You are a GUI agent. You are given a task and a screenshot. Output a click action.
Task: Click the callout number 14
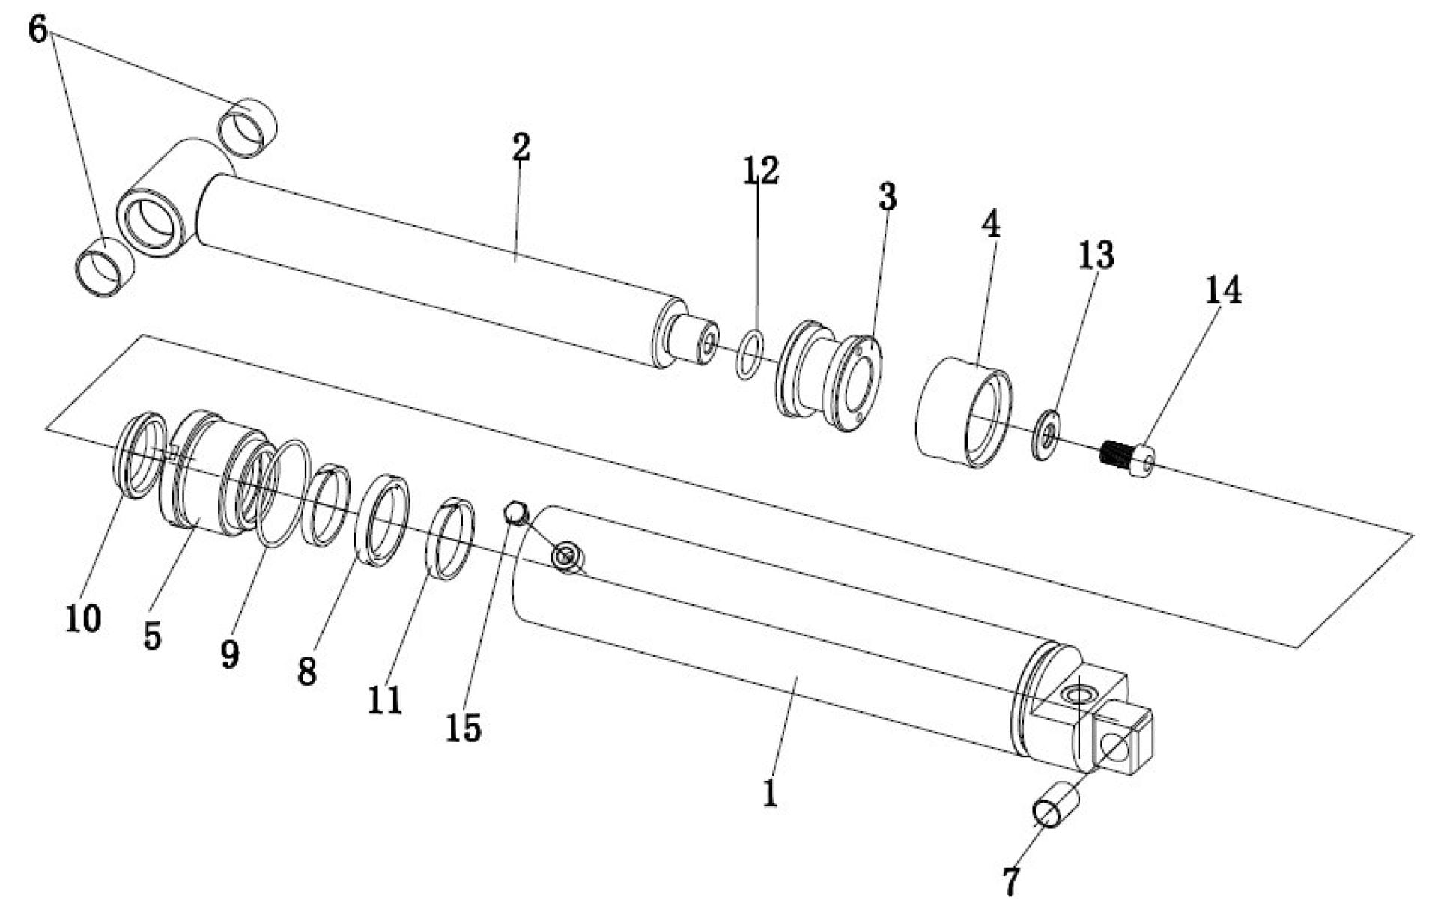(1222, 290)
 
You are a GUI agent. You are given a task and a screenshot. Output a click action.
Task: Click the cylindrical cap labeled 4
(964, 412)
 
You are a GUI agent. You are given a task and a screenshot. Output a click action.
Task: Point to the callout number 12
(760, 170)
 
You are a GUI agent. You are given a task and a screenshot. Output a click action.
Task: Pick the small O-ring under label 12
(751, 353)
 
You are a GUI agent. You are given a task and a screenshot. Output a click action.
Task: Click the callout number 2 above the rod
(521, 147)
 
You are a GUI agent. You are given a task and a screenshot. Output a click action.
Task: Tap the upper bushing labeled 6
(247, 127)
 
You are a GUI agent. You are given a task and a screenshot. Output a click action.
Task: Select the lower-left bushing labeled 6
(105, 267)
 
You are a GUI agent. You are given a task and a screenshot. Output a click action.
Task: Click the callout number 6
(38, 30)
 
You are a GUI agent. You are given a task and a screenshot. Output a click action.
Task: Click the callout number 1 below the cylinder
(770, 794)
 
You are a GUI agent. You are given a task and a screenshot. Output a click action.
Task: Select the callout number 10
(82, 618)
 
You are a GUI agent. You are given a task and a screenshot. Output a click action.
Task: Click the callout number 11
(385, 700)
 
